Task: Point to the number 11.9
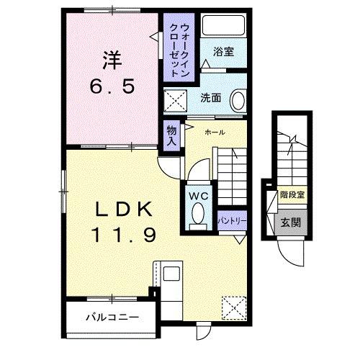pos(124,234)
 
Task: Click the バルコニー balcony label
pos(112,316)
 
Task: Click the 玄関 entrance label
pos(290,221)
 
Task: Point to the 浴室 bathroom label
pos(224,51)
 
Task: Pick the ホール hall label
pos(215,132)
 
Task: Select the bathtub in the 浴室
pos(224,26)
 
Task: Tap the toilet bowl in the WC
pos(197,213)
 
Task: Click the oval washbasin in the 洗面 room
pos(239,100)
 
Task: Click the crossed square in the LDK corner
pos(233,308)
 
